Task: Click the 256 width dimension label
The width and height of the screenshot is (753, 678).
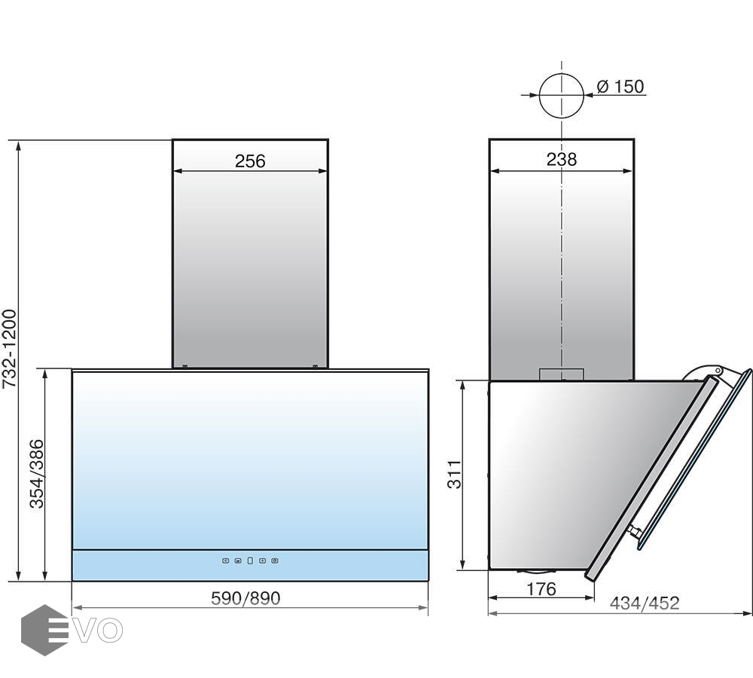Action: click(x=250, y=161)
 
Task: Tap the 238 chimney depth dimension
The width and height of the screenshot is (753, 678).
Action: click(x=562, y=159)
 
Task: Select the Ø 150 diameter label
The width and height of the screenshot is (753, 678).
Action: click(x=620, y=87)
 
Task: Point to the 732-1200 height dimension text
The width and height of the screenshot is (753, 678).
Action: click(x=10, y=349)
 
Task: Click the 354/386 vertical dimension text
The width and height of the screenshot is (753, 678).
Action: click(x=36, y=473)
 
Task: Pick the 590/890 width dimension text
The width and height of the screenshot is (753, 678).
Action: click(x=245, y=597)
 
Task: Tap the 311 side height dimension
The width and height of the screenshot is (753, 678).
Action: click(x=454, y=475)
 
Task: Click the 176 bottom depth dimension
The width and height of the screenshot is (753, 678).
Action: click(x=541, y=588)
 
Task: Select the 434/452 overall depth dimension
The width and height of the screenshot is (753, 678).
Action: click(x=645, y=603)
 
